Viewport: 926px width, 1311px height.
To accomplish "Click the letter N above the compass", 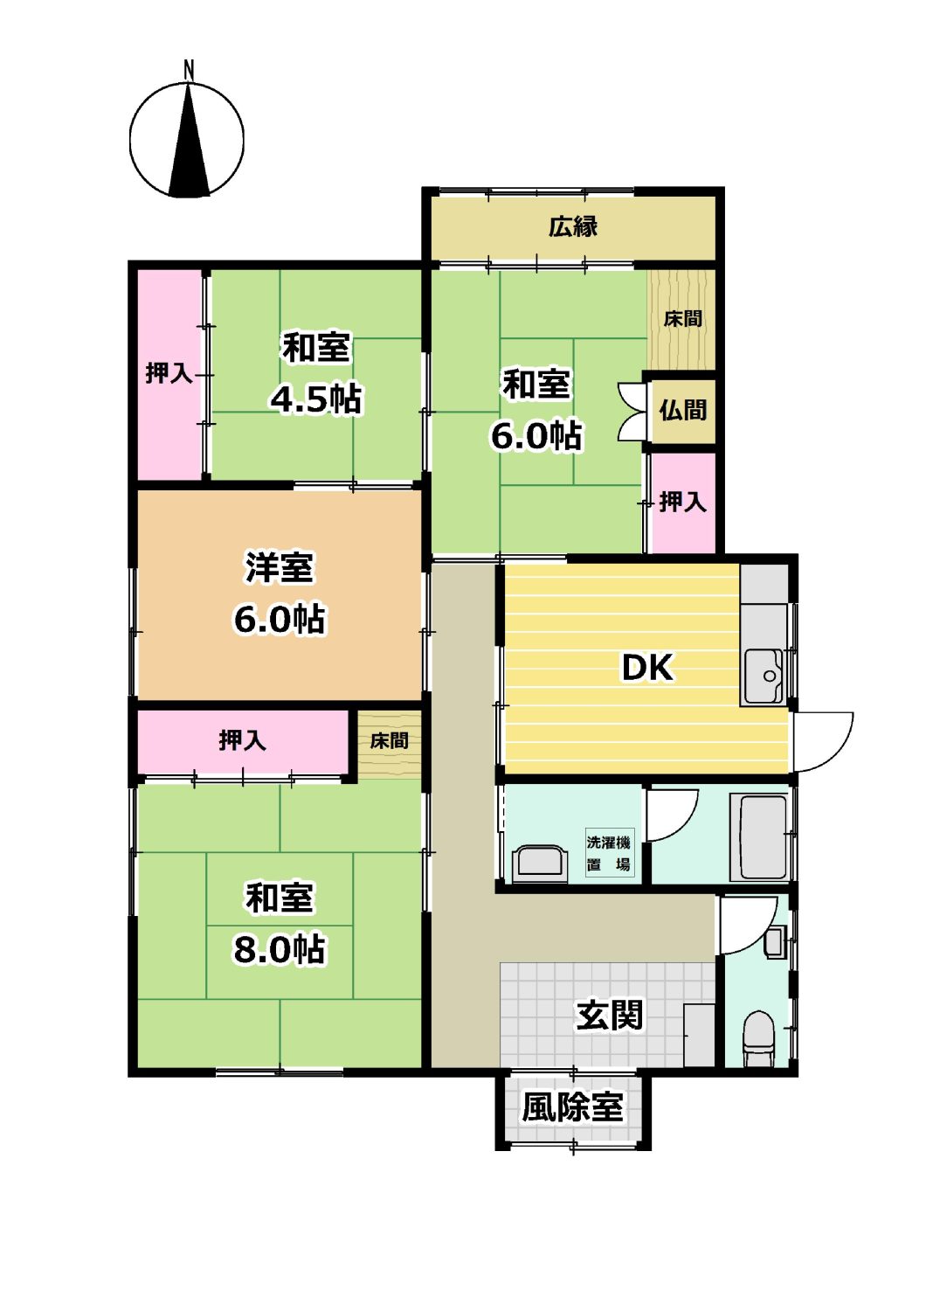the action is (189, 69).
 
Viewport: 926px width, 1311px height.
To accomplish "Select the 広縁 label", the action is (573, 226).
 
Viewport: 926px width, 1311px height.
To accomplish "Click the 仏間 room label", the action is (682, 410).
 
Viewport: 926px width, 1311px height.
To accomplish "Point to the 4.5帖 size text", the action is (316, 399).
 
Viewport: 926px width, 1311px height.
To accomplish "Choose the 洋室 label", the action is (280, 567).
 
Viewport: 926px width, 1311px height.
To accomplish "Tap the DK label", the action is (647, 667).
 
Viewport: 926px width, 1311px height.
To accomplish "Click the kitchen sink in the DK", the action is (765, 676).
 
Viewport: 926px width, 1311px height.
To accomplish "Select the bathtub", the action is (758, 836).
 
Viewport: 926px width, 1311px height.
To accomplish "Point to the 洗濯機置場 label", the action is (608, 854).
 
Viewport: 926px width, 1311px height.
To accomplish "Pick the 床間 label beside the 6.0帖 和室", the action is (682, 319).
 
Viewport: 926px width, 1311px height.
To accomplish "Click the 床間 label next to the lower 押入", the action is (389, 741).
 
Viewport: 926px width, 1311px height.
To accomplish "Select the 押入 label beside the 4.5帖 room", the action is (169, 373).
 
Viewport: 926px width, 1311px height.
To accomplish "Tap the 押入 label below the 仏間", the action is (682, 503).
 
